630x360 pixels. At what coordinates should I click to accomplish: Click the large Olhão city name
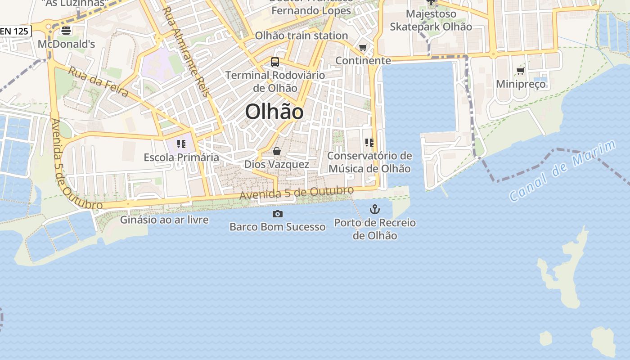tap(274, 112)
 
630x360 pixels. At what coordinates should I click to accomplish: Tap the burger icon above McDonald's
tap(66, 31)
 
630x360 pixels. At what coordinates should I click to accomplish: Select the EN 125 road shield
tap(15, 31)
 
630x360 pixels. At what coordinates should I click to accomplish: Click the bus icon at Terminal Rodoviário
tap(275, 62)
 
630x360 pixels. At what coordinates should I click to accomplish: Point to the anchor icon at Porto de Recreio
tap(374, 209)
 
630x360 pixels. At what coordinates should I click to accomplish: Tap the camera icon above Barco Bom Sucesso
tap(278, 214)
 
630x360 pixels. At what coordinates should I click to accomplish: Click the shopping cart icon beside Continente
tap(363, 47)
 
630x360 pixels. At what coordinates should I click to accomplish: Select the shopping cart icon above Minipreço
tap(521, 71)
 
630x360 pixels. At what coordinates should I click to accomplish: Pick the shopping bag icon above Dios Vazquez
tap(277, 151)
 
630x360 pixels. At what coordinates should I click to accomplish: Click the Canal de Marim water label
tap(562, 171)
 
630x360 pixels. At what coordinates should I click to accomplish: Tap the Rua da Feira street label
tap(99, 81)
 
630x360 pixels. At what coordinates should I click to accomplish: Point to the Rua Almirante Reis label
tap(185, 51)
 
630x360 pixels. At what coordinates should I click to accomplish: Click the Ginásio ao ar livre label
tap(164, 220)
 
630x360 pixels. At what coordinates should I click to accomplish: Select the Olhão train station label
tap(301, 36)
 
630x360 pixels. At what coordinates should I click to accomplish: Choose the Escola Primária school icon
tap(181, 144)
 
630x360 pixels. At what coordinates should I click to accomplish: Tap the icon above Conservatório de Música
tap(369, 143)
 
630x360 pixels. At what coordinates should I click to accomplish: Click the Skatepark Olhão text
tap(431, 27)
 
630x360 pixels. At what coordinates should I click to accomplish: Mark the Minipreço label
tap(521, 84)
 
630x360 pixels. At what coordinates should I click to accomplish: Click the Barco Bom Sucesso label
tap(277, 226)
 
